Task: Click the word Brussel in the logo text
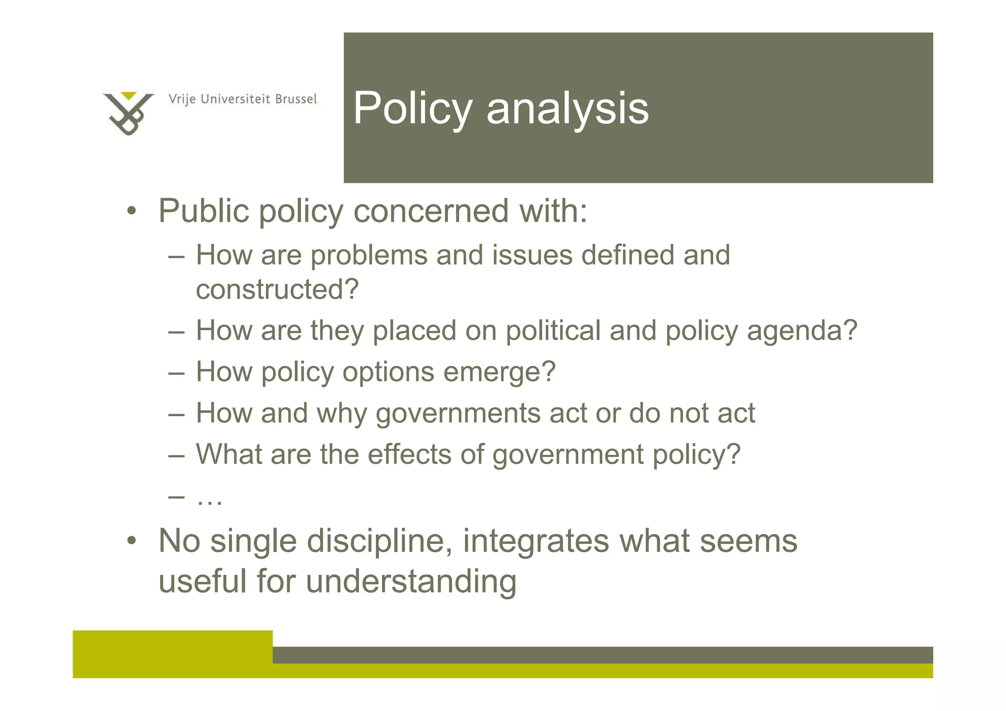296,99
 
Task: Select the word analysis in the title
567,109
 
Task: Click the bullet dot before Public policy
131,212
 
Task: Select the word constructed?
278,289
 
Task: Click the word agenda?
802,331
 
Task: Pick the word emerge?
499,372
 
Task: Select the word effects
409,454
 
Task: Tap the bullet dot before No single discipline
131,541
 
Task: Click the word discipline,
380,541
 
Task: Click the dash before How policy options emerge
176,372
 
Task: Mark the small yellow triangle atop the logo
128,95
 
